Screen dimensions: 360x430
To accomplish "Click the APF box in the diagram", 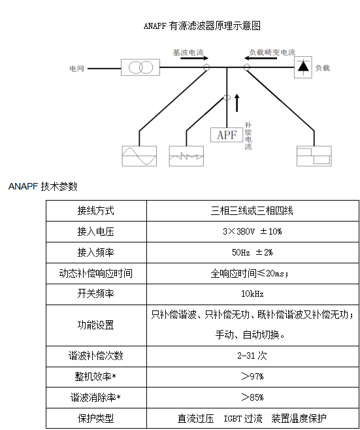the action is click(x=227, y=135).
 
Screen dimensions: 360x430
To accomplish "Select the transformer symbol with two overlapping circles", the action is click(x=140, y=67).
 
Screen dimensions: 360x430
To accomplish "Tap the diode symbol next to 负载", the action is click(x=303, y=67).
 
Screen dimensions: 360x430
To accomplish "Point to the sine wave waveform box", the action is click(x=139, y=156).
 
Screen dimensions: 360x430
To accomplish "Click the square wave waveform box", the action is click(x=314, y=156).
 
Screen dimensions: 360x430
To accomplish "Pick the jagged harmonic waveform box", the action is click(x=186, y=156).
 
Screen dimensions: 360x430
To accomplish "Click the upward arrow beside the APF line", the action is click(x=237, y=103).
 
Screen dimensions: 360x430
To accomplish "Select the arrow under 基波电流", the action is click(x=195, y=58).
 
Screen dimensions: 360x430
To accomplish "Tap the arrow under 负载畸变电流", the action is click(x=261, y=58).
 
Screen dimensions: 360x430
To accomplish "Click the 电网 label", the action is click(x=77, y=68).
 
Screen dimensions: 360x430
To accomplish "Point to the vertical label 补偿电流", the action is click(x=248, y=136).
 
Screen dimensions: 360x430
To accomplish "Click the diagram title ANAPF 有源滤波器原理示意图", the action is click(x=202, y=25).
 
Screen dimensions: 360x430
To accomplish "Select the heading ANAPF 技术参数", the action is click(x=43, y=186).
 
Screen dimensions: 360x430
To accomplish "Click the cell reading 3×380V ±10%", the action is click(x=252, y=232).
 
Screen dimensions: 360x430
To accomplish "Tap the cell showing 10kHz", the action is click(x=252, y=294).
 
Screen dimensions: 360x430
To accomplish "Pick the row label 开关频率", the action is click(x=95, y=294).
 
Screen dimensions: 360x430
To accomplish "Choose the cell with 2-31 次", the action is click(x=252, y=356).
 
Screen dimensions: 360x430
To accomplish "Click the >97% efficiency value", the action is click(x=252, y=376).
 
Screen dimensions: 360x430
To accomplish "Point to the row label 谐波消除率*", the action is click(x=95, y=397).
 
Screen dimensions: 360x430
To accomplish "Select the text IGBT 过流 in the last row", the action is click(x=243, y=418).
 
